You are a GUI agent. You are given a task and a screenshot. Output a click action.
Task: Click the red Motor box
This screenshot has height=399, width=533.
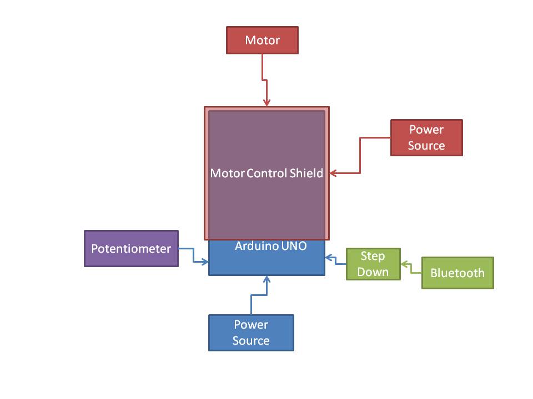262,40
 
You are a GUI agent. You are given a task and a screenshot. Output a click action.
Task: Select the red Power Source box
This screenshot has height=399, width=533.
426,138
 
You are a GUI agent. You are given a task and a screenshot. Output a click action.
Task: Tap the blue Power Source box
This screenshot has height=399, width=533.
251,333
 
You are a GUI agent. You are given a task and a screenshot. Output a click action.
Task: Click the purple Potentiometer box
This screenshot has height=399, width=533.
131,249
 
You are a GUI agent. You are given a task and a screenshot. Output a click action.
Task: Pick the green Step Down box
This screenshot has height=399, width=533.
373,264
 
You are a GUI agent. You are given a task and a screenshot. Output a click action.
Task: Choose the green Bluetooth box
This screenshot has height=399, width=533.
457,273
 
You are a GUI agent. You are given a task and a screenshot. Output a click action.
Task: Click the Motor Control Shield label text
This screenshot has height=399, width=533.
266,173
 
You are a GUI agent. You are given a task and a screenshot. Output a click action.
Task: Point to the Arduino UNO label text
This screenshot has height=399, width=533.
270,245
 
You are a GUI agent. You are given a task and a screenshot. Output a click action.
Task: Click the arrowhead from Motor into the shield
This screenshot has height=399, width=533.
266,102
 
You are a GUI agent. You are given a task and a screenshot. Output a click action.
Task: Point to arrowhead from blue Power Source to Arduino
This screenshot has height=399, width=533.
266,279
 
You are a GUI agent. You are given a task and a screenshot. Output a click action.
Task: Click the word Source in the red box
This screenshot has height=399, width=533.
426,146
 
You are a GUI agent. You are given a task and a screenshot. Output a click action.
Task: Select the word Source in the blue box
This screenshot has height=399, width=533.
251,341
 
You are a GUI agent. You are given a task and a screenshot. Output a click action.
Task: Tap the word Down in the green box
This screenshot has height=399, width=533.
373,272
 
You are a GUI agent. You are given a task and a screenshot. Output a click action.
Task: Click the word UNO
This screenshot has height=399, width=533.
294,245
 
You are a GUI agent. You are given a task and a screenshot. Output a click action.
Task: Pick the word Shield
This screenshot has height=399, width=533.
306,173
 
